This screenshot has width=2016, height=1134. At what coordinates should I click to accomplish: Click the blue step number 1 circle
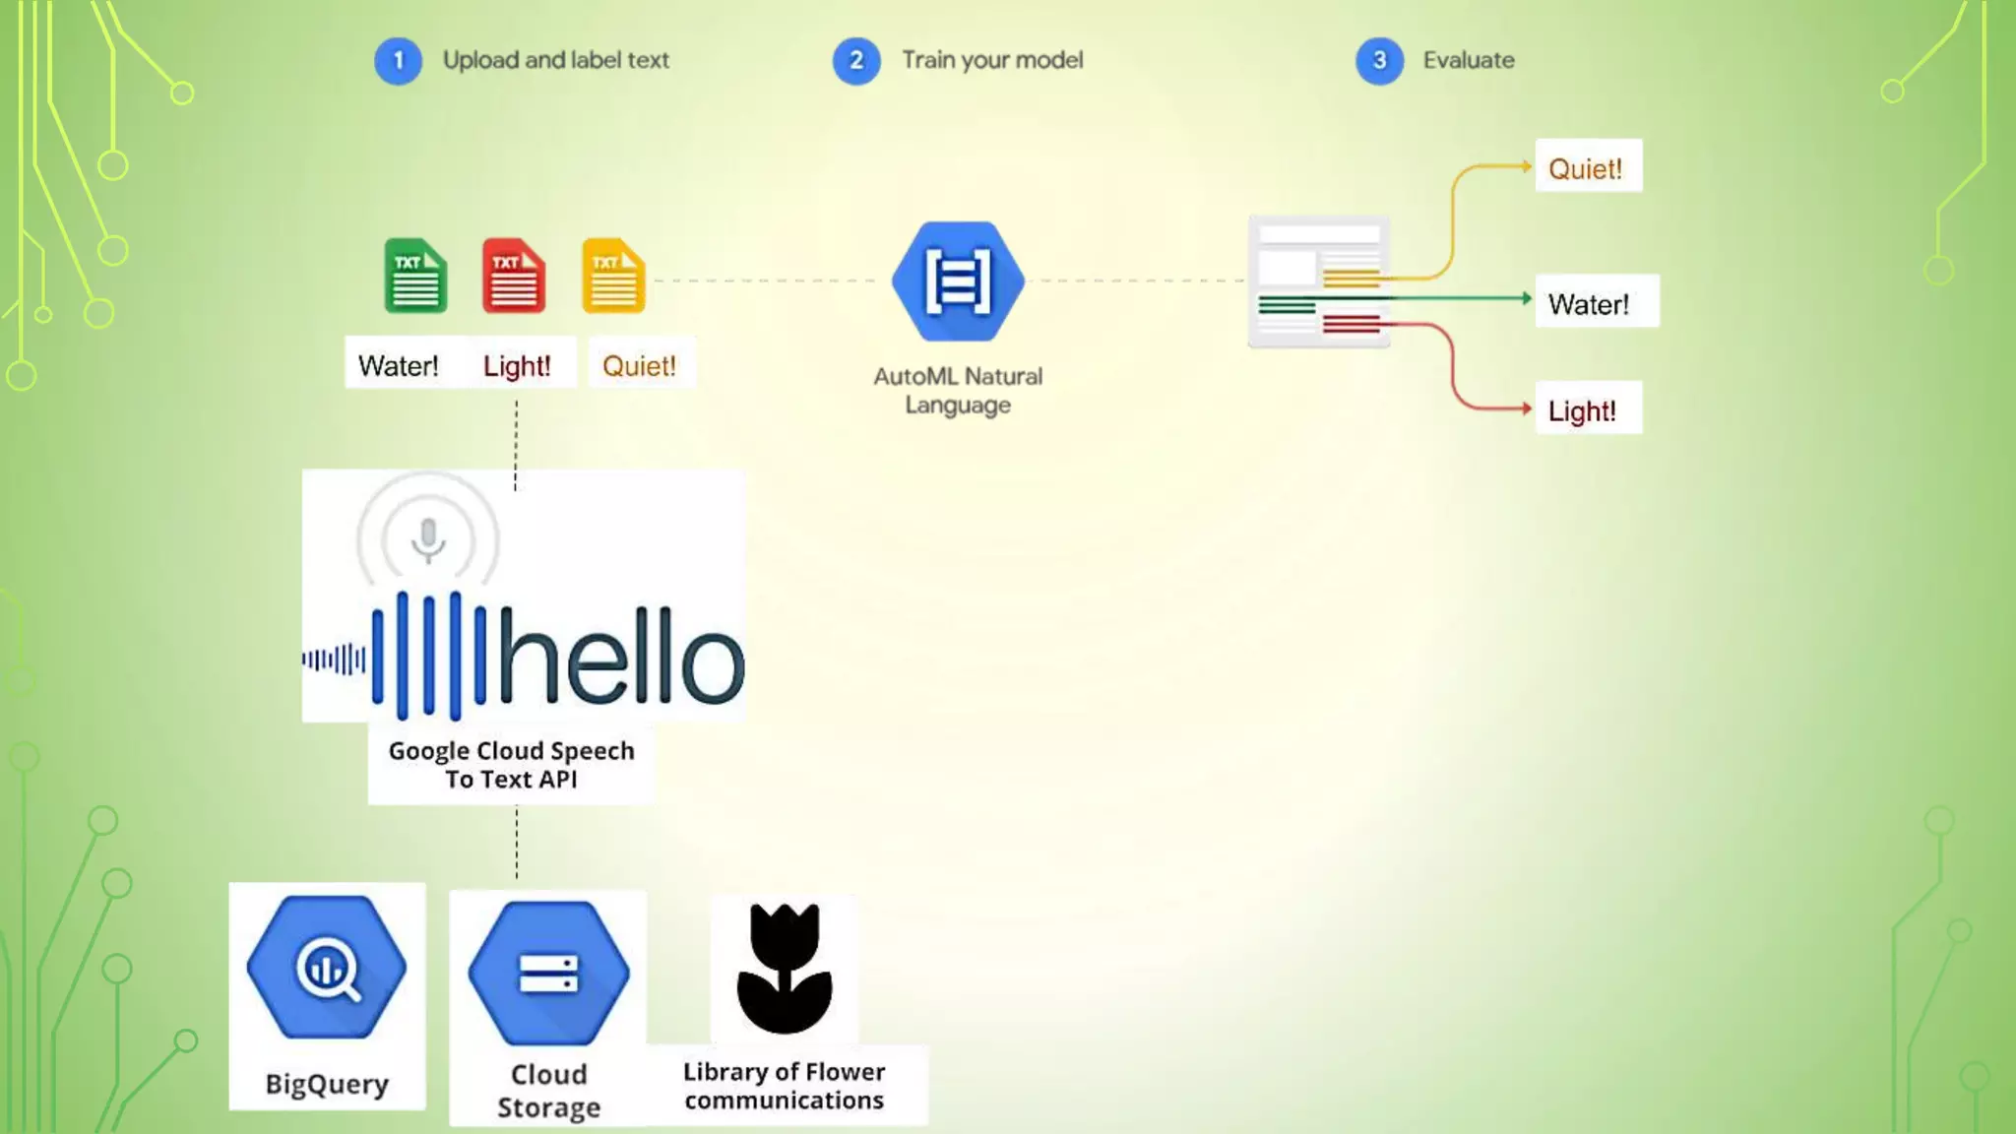[398, 61]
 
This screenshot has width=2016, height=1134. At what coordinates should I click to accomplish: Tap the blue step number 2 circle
[856, 61]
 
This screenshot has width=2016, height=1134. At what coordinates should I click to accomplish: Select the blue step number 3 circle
[1379, 61]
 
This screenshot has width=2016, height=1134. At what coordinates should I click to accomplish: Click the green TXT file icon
[415, 277]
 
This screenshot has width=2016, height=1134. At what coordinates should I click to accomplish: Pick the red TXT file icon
[514, 277]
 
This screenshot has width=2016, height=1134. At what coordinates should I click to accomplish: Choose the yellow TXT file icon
[613, 277]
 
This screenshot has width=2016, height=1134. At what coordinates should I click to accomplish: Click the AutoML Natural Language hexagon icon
[958, 283]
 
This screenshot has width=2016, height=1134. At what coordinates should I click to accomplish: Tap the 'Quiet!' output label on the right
[1586, 168]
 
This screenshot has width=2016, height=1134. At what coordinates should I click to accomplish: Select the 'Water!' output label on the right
[1589, 304]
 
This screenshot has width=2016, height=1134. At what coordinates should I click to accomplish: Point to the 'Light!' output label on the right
[1583, 410]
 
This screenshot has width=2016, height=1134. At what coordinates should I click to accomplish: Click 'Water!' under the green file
[398, 366]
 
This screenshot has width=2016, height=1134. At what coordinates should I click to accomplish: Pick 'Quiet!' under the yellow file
[639, 366]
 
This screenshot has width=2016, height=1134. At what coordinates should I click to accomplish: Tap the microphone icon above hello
[428, 539]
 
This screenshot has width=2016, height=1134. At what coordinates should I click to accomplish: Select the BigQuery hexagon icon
[327, 968]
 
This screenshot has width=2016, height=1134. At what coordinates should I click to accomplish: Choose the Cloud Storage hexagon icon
[548, 973]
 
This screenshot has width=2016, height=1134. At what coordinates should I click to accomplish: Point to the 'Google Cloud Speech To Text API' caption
[511, 765]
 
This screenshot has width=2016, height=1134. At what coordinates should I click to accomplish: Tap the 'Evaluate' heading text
[1468, 60]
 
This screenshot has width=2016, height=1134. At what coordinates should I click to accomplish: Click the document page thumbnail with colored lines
[1319, 283]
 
